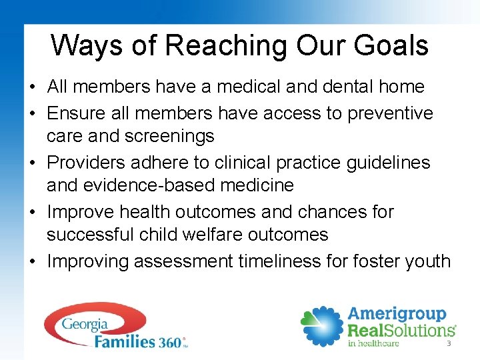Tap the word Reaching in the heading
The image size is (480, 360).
tap(226, 46)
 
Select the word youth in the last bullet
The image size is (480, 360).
tap(427, 261)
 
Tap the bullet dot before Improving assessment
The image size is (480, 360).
tap(32, 262)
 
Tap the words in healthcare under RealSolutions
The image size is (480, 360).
tap(373, 343)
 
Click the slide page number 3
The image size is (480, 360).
tap(448, 344)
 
